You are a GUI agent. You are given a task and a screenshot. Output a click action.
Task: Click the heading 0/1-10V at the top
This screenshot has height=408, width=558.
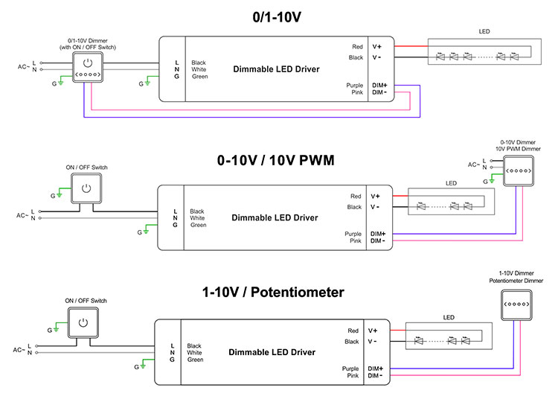(x=277, y=17)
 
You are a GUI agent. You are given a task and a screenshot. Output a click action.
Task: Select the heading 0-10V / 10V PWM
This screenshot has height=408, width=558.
(x=276, y=160)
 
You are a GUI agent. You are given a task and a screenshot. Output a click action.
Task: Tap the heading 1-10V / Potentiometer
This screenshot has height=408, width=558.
(x=273, y=293)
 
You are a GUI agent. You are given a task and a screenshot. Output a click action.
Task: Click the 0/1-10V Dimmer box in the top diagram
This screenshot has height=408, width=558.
(x=88, y=67)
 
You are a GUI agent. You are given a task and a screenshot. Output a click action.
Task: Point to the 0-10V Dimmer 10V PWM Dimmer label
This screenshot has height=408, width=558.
(x=518, y=146)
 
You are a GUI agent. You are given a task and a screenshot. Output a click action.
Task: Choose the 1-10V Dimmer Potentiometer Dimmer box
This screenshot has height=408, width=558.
(x=516, y=305)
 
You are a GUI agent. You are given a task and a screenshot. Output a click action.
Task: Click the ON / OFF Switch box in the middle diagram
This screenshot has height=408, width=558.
(x=86, y=188)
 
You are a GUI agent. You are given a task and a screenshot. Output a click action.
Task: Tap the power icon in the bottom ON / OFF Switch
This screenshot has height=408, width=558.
(x=83, y=322)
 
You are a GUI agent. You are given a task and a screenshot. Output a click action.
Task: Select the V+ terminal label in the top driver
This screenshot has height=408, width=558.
(x=377, y=47)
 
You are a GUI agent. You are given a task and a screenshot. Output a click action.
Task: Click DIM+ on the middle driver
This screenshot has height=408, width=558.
(x=378, y=234)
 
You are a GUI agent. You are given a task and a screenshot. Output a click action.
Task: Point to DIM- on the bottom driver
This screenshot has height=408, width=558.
(x=375, y=375)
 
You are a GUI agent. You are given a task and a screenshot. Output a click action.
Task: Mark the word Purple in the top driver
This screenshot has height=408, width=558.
(x=354, y=86)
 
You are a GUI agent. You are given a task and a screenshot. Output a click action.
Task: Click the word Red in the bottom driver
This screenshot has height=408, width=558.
(x=353, y=331)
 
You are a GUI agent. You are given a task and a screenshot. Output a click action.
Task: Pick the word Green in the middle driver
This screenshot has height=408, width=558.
(x=198, y=225)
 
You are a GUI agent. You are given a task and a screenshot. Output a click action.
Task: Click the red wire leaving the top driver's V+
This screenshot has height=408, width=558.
(x=411, y=46)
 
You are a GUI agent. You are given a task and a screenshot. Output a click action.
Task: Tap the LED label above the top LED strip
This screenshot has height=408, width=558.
(x=484, y=31)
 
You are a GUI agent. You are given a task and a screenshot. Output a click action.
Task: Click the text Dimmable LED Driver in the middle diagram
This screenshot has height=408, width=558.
(x=275, y=217)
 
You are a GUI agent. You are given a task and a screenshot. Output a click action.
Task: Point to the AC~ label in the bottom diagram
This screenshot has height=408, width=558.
(x=19, y=350)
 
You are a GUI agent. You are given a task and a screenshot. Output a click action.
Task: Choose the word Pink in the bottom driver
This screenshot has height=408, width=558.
(x=353, y=375)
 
